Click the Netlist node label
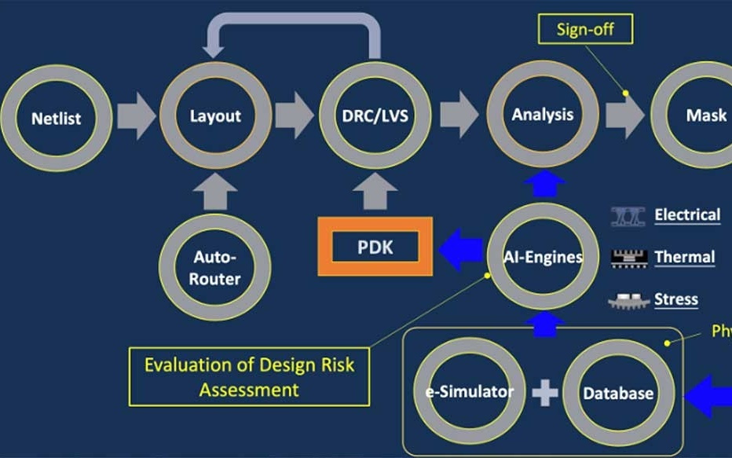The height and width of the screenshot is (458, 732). tap(56, 119)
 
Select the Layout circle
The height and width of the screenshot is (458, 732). tap(215, 117)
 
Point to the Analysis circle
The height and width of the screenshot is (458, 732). tap(543, 115)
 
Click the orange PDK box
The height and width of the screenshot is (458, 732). tap(375, 247)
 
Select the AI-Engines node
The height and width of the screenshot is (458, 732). tap(543, 257)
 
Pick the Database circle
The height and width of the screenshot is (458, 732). tap(618, 393)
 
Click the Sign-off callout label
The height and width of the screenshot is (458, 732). tap(584, 30)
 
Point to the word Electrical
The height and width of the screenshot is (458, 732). tap(686, 214)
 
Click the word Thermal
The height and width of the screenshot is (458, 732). tap(684, 257)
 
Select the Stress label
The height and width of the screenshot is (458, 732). tap(675, 299)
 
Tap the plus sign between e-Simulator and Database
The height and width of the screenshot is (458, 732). tap(544, 392)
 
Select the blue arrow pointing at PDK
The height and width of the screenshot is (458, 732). tap(460, 251)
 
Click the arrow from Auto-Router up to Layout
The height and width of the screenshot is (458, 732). tap(215, 192)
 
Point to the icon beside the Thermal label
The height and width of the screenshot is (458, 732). tap(628, 257)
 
